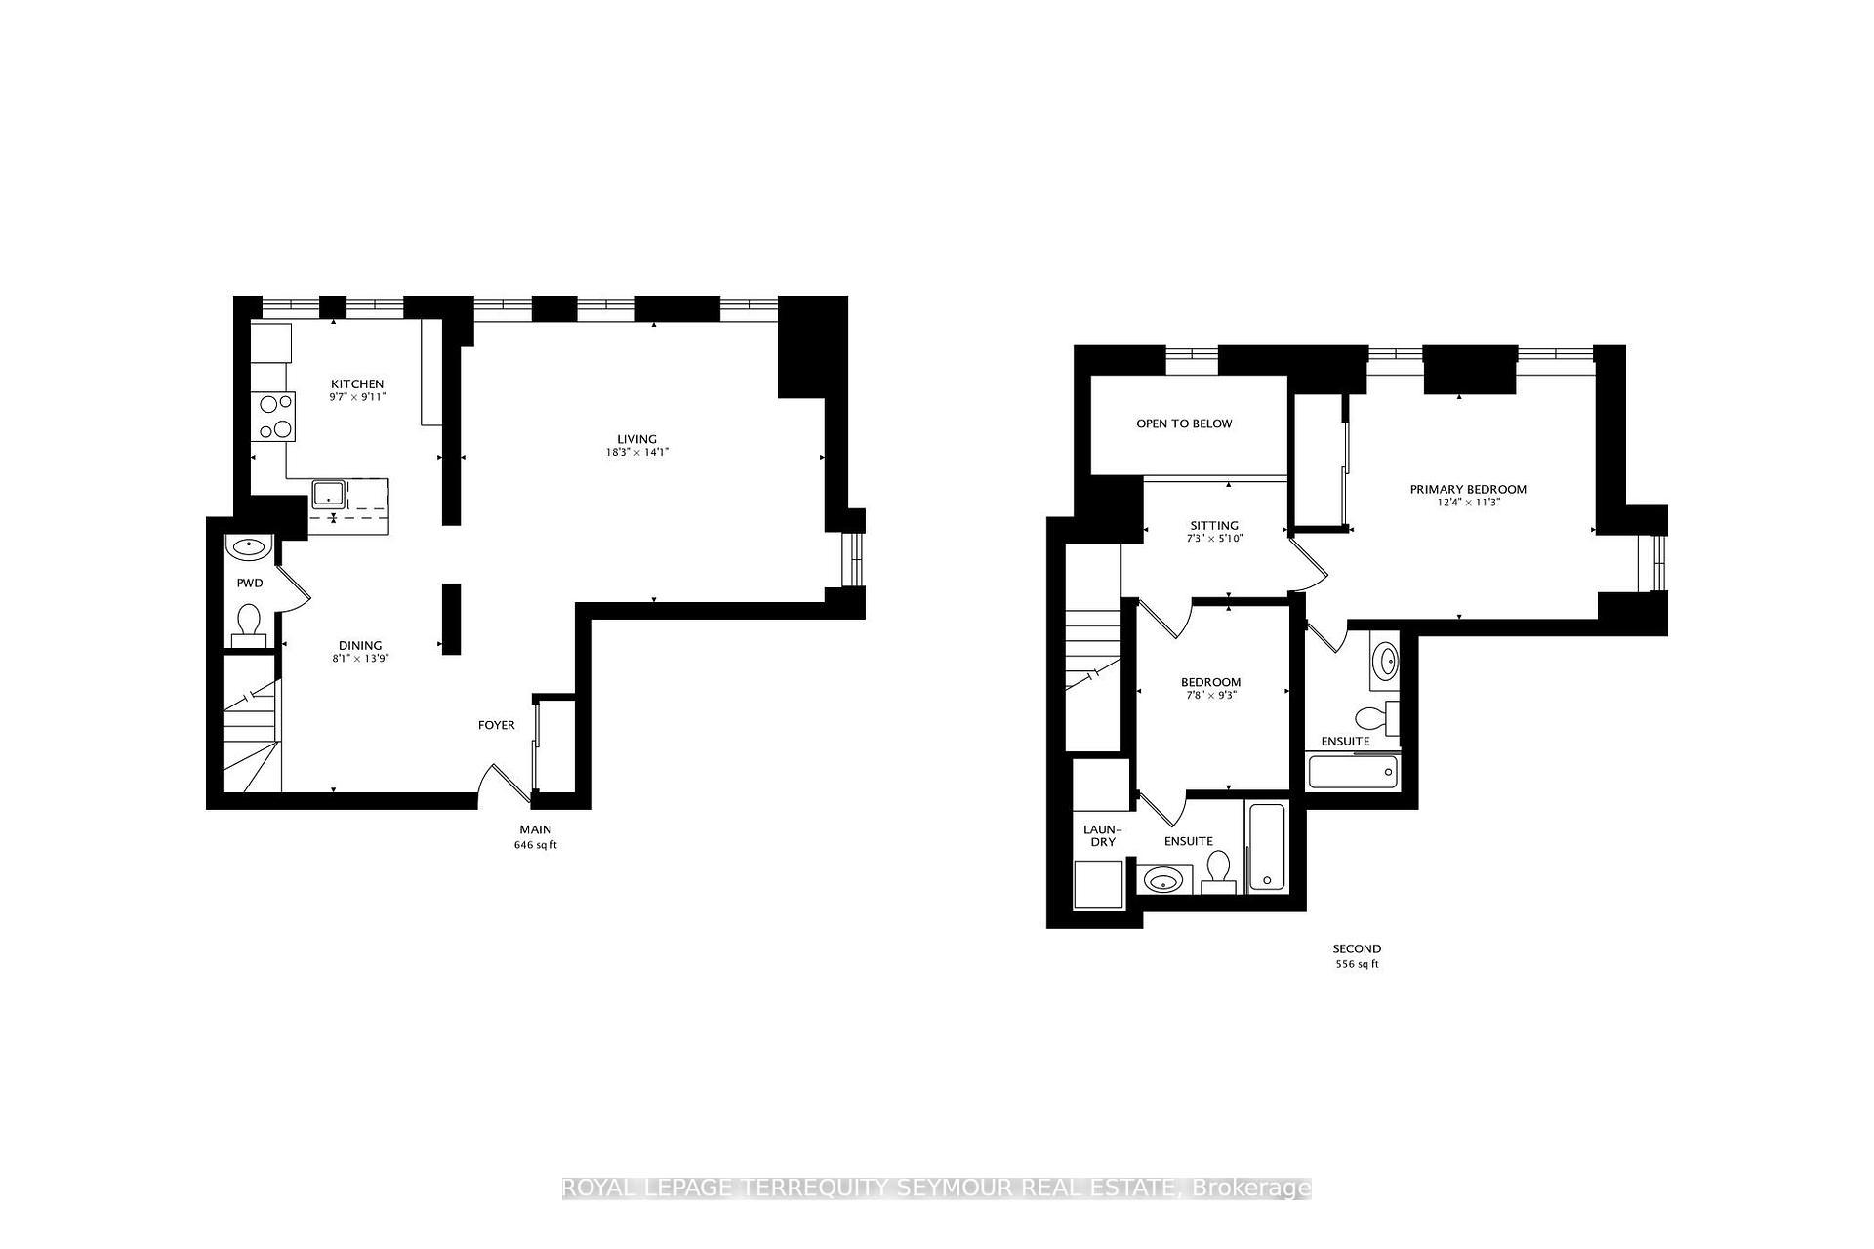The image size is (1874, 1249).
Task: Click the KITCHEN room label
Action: (x=356, y=383)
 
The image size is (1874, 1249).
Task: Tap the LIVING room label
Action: (x=636, y=439)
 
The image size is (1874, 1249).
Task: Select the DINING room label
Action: (x=360, y=645)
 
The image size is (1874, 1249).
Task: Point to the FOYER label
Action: (x=496, y=725)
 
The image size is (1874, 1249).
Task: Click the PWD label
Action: (x=250, y=584)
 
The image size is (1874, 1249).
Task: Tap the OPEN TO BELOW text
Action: (x=1184, y=423)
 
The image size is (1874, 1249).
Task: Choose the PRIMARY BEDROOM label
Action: (x=1468, y=490)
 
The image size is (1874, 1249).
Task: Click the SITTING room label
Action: (x=1214, y=525)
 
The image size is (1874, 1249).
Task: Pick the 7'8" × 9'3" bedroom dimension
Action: (x=1210, y=696)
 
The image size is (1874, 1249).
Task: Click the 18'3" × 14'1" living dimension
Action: (x=636, y=453)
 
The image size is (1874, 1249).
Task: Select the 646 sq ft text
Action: (x=535, y=845)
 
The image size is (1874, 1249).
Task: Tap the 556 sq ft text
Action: (x=1357, y=964)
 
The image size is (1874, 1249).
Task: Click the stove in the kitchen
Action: (x=272, y=416)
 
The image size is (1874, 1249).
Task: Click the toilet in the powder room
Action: (x=249, y=623)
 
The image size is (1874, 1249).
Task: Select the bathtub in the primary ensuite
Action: (x=1352, y=773)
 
